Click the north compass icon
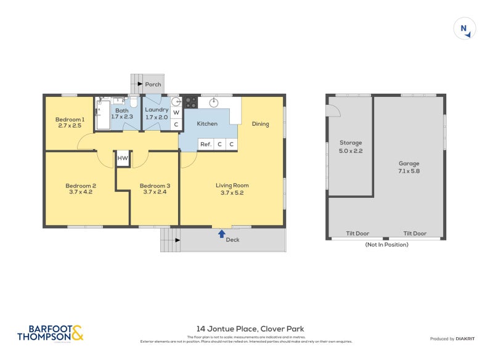pyautogui.click(x=465, y=28)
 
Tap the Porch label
pyautogui.click(x=153, y=84)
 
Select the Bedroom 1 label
pyautogui.click(x=70, y=119)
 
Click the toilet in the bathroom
pyautogui.click(x=132, y=102)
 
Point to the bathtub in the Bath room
pyautogui.click(x=102, y=115)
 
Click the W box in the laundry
pyautogui.click(x=176, y=113)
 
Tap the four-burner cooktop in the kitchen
pyautogui.click(x=190, y=102)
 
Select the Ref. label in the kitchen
pyautogui.click(x=205, y=144)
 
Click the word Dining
pyautogui.click(x=261, y=124)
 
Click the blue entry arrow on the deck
pyautogui.click(x=221, y=234)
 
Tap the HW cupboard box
pyautogui.click(x=123, y=158)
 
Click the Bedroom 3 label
pyautogui.click(x=153, y=186)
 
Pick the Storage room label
pyautogui.click(x=351, y=142)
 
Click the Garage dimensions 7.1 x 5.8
pyautogui.click(x=409, y=171)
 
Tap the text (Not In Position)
pyautogui.click(x=386, y=245)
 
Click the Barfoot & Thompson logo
pyautogui.click(x=50, y=333)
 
